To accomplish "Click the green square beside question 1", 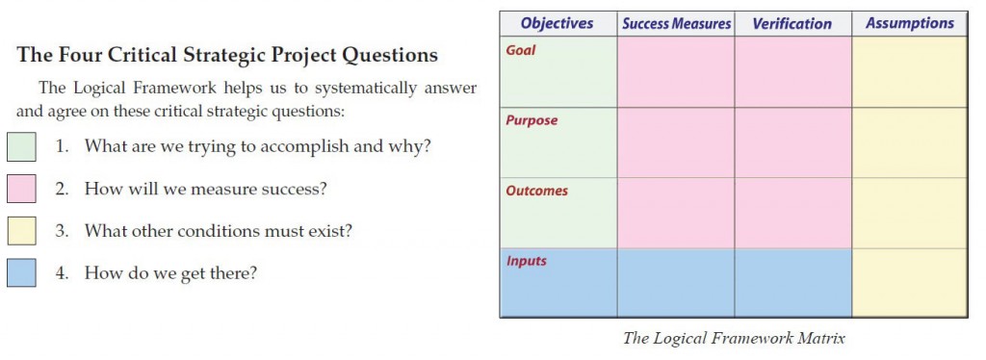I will (x=21, y=146).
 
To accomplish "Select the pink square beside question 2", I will (x=21, y=189).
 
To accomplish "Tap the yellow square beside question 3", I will (x=21, y=231).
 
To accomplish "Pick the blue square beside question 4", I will (x=21, y=272).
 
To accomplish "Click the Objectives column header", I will (x=557, y=23).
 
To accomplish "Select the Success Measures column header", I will (x=676, y=23).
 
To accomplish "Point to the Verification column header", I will (x=793, y=23).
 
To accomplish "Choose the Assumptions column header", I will (x=909, y=23).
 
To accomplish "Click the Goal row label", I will (x=521, y=50).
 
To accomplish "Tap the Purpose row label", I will (x=532, y=120).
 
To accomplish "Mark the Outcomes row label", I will (x=536, y=191).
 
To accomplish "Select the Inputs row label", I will (x=526, y=261).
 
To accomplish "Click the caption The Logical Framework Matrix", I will (x=734, y=338).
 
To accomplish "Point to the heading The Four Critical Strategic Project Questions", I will (x=227, y=55).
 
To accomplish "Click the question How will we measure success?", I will (x=205, y=189).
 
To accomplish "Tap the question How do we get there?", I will (x=170, y=272).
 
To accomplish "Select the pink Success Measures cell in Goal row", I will (x=676, y=72).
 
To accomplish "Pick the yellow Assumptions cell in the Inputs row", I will (x=909, y=283).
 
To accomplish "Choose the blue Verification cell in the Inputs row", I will (x=793, y=283).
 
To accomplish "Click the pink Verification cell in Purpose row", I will (x=793, y=142).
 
